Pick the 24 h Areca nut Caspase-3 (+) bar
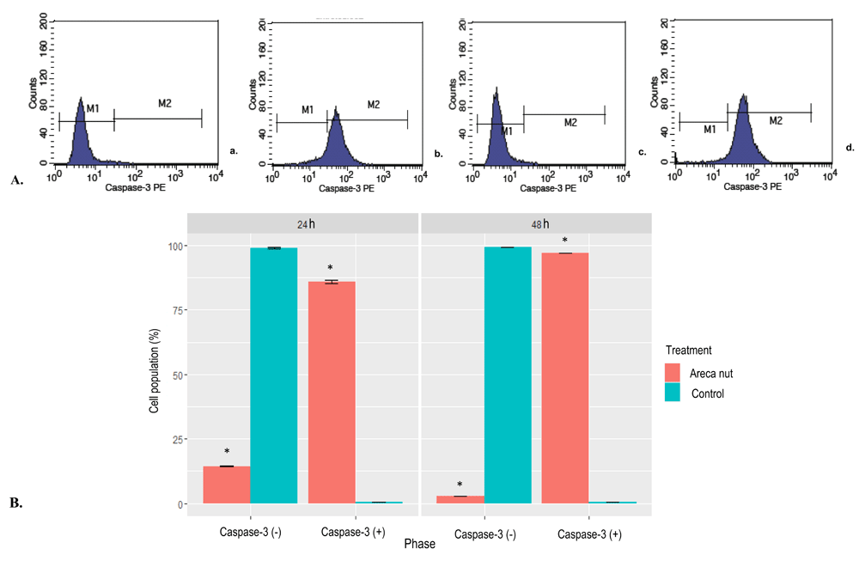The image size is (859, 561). pos(332,392)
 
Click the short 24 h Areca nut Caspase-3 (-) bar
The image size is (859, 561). pos(227,485)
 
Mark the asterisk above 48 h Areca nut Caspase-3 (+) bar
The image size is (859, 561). pos(565,241)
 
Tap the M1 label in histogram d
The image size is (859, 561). pos(710,129)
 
